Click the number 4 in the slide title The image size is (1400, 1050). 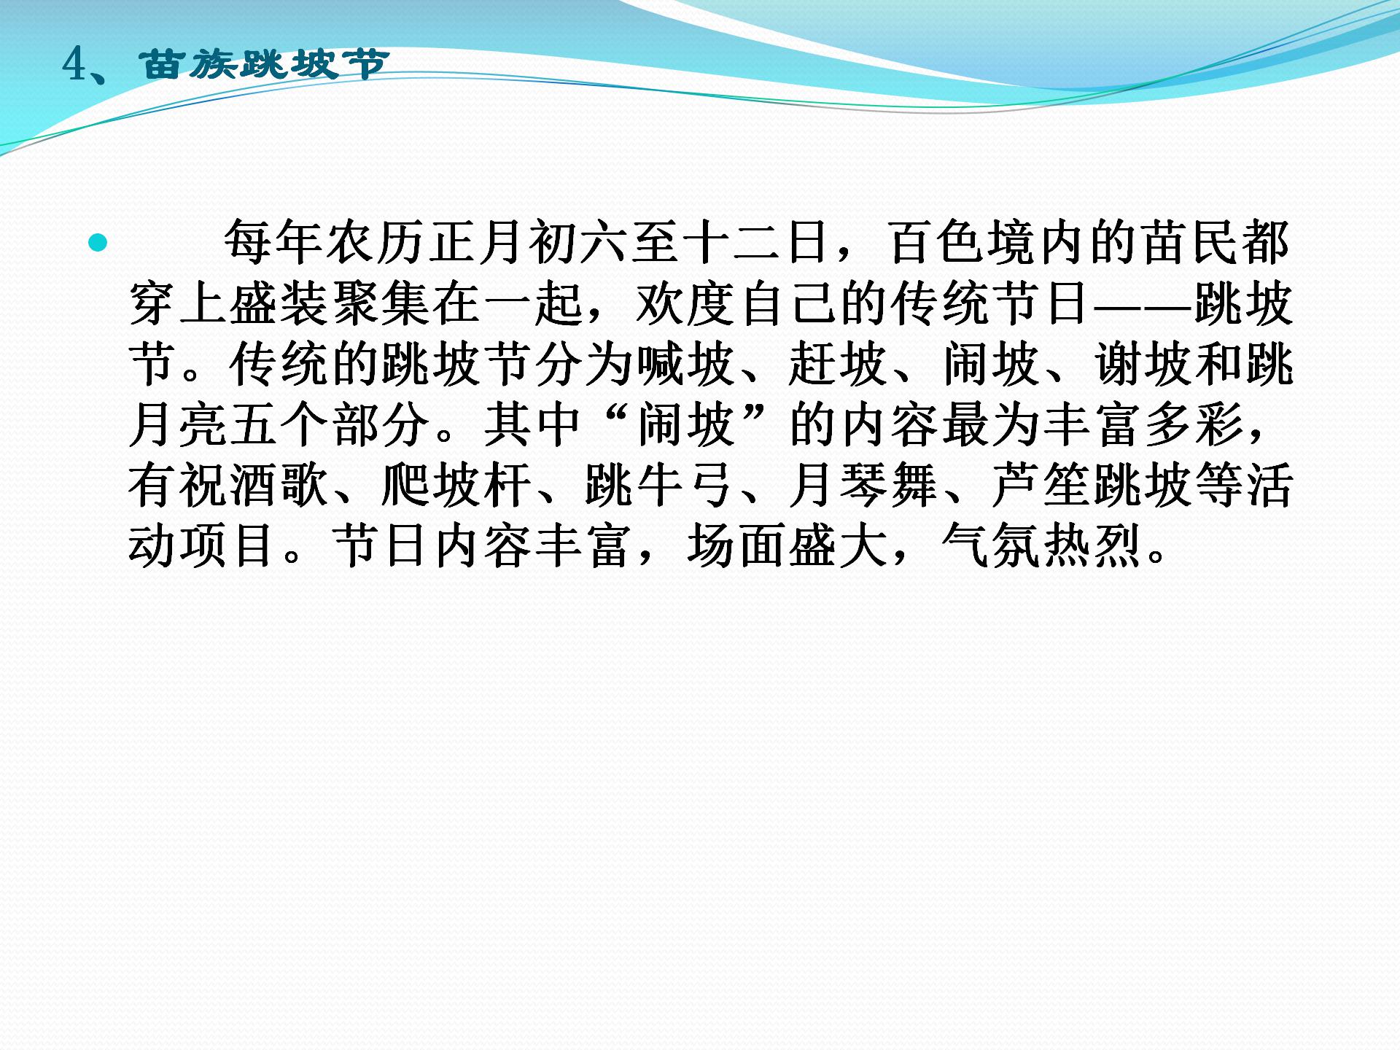tap(76, 65)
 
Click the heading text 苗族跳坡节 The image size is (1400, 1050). tap(263, 65)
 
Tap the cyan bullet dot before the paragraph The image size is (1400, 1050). tap(98, 243)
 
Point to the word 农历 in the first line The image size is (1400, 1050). tap(376, 242)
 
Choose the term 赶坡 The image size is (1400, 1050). tap(838, 363)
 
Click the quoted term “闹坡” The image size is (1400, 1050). tap(685, 424)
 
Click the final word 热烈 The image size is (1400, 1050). tap(1092, 545)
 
